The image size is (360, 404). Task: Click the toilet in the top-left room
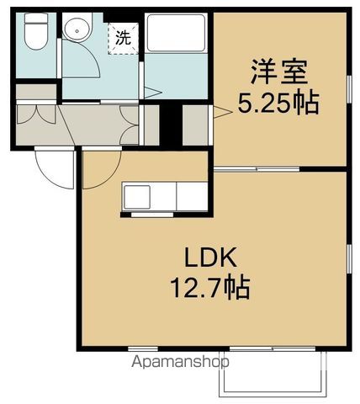click(x=35, y=33)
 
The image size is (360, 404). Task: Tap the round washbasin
click(x=77, y=29)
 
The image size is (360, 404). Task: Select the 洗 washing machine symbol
click(x=123, y=38)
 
